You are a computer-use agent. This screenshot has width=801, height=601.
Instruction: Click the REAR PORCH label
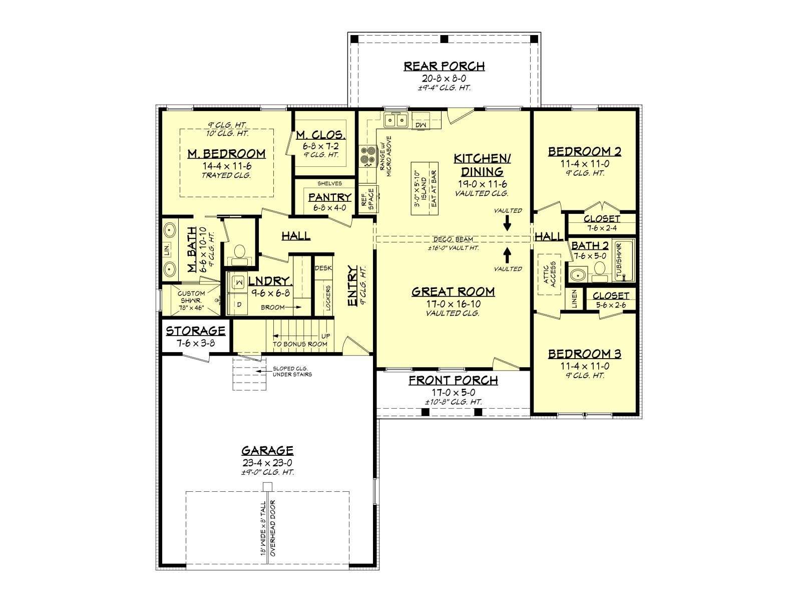[x=444, y=67]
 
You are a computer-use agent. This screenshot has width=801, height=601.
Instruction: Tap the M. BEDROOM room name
[x=227, y=154]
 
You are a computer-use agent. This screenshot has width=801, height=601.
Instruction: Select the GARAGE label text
[x=267, y=451]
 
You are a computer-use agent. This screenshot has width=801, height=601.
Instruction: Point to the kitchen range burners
[x=368, y=155]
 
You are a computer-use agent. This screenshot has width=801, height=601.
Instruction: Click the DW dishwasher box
[x=421, y=124]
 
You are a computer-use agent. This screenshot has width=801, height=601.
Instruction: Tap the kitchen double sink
[x=395, y=120]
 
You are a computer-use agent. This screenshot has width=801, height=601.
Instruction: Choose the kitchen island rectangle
[x=425, y=189]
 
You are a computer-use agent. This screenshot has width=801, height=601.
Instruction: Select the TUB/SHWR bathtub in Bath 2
[x=624, y=260]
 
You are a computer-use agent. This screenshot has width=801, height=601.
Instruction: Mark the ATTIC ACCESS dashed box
[x=549, y=274]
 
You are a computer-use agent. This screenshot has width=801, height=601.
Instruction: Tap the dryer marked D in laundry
[x=238, y=304]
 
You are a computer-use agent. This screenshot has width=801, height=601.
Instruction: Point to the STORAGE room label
[x=196, y=331]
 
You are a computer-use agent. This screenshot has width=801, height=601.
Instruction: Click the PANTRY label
[x=330, y=197]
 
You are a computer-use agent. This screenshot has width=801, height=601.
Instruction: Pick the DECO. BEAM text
[x=453, y=239]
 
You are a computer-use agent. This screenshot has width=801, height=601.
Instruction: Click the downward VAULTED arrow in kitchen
[x=507, y=222]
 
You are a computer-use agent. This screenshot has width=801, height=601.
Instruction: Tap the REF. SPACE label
[x=367, y=199]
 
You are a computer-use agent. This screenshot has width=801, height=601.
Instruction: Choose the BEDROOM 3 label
[x=585, y=354]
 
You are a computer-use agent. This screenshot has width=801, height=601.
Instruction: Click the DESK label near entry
[x=323, y=268]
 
